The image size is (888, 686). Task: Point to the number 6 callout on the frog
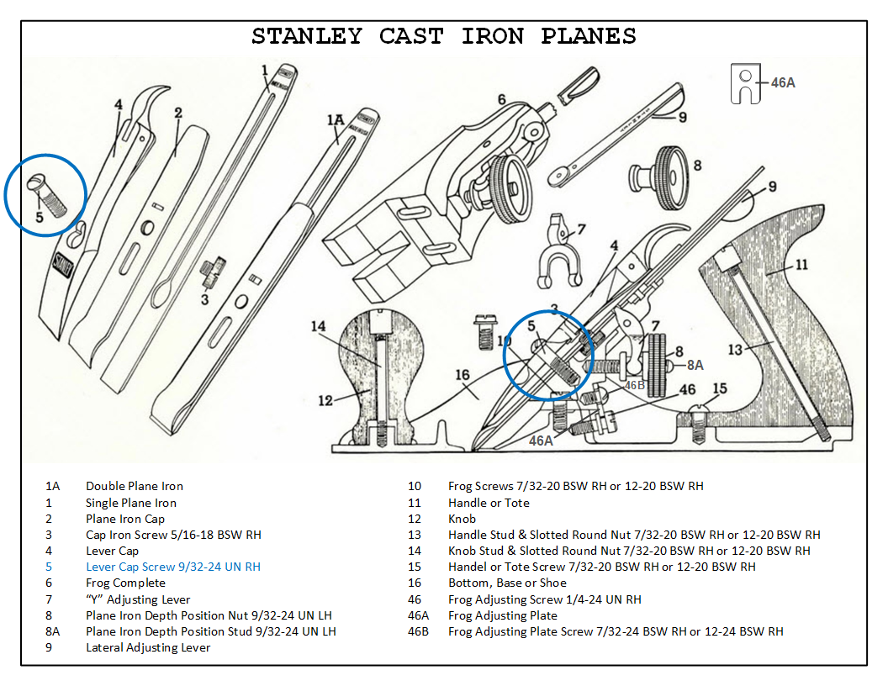click(501, 100)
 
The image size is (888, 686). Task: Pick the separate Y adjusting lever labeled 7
click(559, 252)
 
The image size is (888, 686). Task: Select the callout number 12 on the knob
click(326, 400)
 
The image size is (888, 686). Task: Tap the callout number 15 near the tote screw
click(719, 388)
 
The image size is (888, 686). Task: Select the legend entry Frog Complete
click(125, 583)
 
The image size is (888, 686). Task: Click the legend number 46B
click(418, 631)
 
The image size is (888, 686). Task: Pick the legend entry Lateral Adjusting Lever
click(148, 647)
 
